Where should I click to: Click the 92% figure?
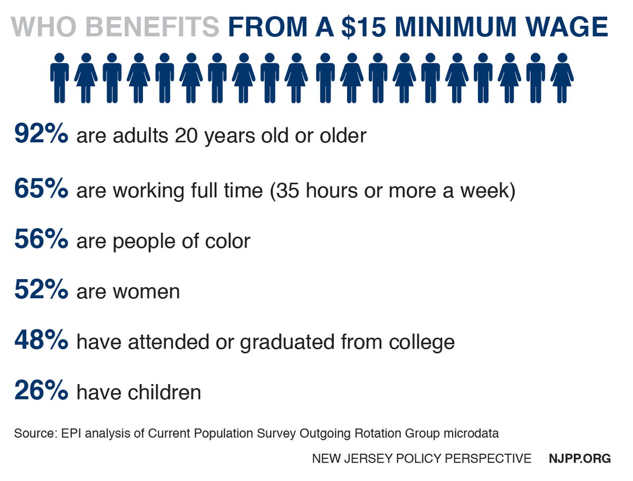tap(41, 134)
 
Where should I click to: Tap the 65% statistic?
tap(41, 189)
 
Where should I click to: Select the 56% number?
tap(41, 240)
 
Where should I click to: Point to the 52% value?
tap(41, 291)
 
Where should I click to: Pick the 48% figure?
tap(41, 341)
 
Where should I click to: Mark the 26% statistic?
tap(41, 391)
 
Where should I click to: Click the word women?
tap(150, 292)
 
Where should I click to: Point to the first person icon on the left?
tap(60, 77)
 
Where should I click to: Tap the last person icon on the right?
tap(562, 77)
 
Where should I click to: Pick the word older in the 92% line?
tap(342, 135)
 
